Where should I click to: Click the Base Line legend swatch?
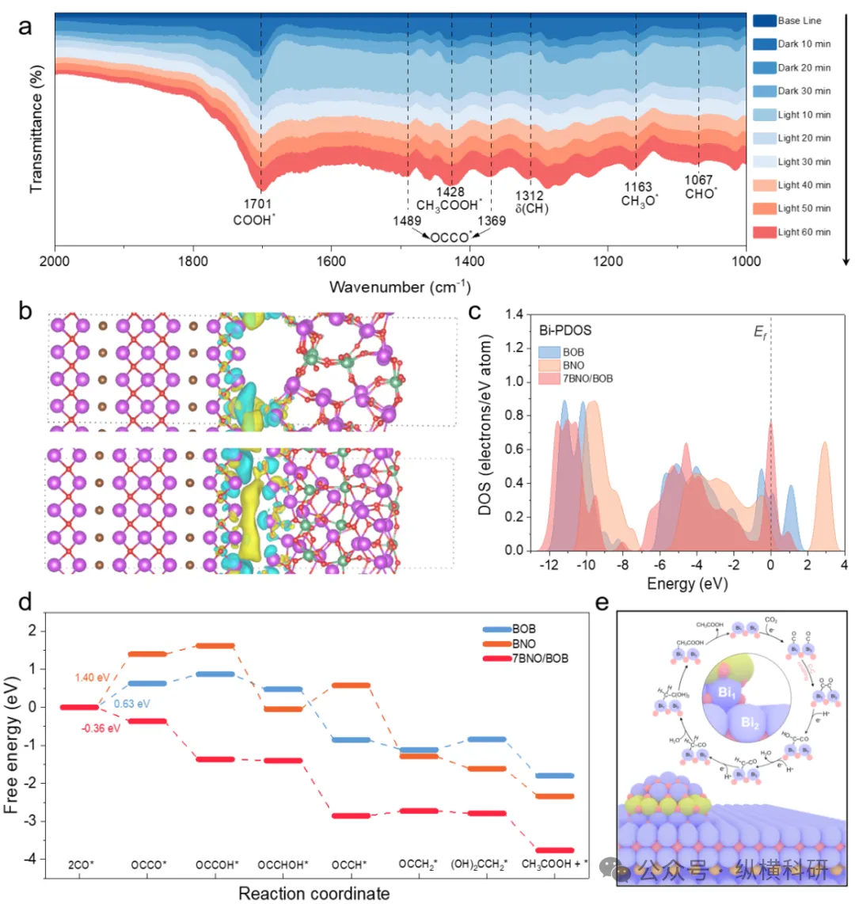click(x=764, y=21)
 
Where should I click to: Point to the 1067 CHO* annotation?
click(x=700, y=187)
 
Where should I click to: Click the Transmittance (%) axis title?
click(x=36, y=131)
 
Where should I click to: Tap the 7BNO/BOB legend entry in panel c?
click(x=586, y=378)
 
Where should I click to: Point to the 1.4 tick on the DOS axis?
click(x=514, y=315)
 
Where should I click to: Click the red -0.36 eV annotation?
click(x=101, y=728)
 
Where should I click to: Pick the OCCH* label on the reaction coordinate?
click(x=349, y=865)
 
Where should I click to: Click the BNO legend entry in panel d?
click(x=525, y=644)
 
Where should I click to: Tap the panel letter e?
click(x=602, y=603)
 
